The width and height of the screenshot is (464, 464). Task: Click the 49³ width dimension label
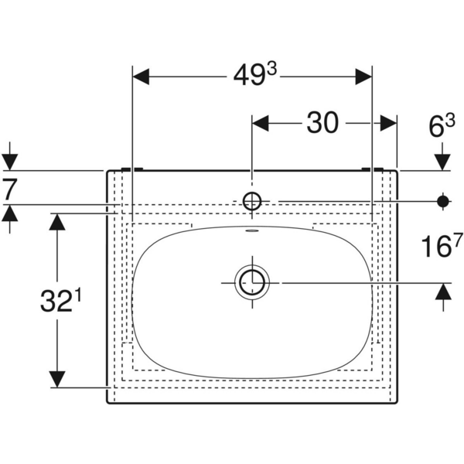click(x=256, y=76)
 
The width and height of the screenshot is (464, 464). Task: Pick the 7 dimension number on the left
click(x=9, y=188)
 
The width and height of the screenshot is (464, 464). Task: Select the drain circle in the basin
click(x=251, y=282)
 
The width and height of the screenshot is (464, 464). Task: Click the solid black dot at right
click(x=443, y=202)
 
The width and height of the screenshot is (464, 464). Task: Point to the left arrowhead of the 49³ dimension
click(x=142, y=76)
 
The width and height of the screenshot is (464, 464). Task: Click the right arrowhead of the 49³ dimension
click(x=364, y=76)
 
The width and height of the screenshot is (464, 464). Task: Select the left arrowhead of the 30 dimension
click(x=261, y=122)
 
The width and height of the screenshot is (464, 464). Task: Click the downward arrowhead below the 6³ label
click(x=443, y=161)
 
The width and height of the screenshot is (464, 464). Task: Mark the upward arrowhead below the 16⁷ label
click(x=443, y=292)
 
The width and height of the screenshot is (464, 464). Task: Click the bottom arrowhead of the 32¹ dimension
click(x=56, y=378)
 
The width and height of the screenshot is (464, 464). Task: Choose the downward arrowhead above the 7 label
click(x=10, y=161)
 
